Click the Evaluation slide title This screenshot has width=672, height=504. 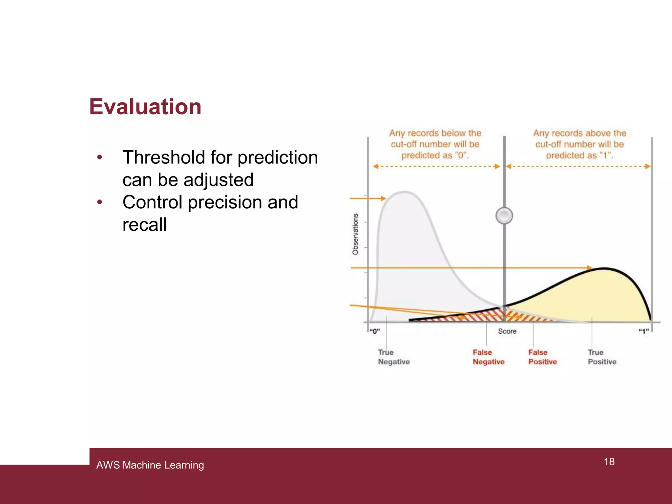(x=145, y=107)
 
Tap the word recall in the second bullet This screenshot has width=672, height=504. (x=144, y=225)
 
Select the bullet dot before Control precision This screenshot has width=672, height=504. (x=100, y=202)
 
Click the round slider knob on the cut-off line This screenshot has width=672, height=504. (x=504, y=216)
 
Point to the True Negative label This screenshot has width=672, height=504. (x=393, y=357)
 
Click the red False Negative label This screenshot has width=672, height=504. (x=488, y=357)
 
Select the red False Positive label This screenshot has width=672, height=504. (x=542, y=357)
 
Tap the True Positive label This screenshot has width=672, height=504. (x=602, y=357)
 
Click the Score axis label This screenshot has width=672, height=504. (x=507, y=331)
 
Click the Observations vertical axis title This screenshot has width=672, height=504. (x=355, y=234)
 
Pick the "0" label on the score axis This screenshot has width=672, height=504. (x=374, y=331)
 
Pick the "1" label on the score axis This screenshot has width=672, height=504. (x=643, y=331)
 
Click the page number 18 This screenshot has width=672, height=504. (x=609, y=462)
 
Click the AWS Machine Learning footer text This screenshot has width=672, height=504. (x=150, y=465)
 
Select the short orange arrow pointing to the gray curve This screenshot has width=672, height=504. (x=367, y=198)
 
